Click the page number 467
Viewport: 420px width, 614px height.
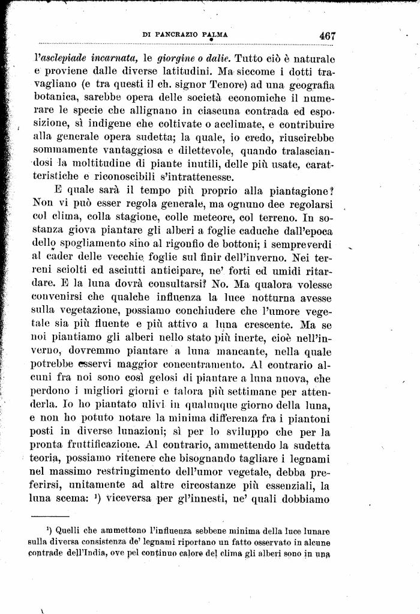pos(327,35)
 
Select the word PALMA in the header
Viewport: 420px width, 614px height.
pos(214,35)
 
